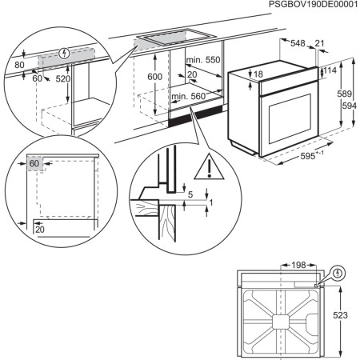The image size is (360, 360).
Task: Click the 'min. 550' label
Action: click(204, 61)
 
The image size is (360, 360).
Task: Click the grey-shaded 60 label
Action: click(34, 163)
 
